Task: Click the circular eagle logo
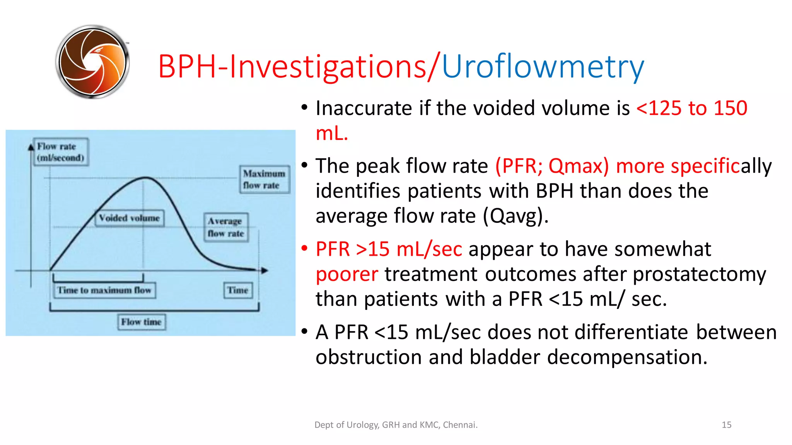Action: click(x=92, y=62)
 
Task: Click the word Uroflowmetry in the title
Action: click(x=543, y=66)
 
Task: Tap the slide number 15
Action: click(x=726, y=425)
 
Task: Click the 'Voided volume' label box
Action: click(x=129, y=218)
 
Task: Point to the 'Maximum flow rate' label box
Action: click(x=264, y=179)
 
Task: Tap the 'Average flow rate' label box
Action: click(x=226, y=227)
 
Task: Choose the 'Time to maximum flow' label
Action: click(x=104, y=290)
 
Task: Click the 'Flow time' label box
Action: click(x=141, y=322)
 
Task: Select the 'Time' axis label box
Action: click(x=237, y=290)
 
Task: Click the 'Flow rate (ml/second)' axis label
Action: click(x=60, y=152)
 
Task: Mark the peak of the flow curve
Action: click(x=145, y=177)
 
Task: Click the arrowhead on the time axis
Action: click(x=265, y=270)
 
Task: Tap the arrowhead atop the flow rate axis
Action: click(x=31, y=147)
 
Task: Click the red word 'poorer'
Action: click(x=346, y=274)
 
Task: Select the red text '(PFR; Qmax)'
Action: click(x=552, y=166)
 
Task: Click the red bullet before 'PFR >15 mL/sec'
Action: click(x=305, y=248)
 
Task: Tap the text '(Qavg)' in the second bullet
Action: click(x=515, y=216)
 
